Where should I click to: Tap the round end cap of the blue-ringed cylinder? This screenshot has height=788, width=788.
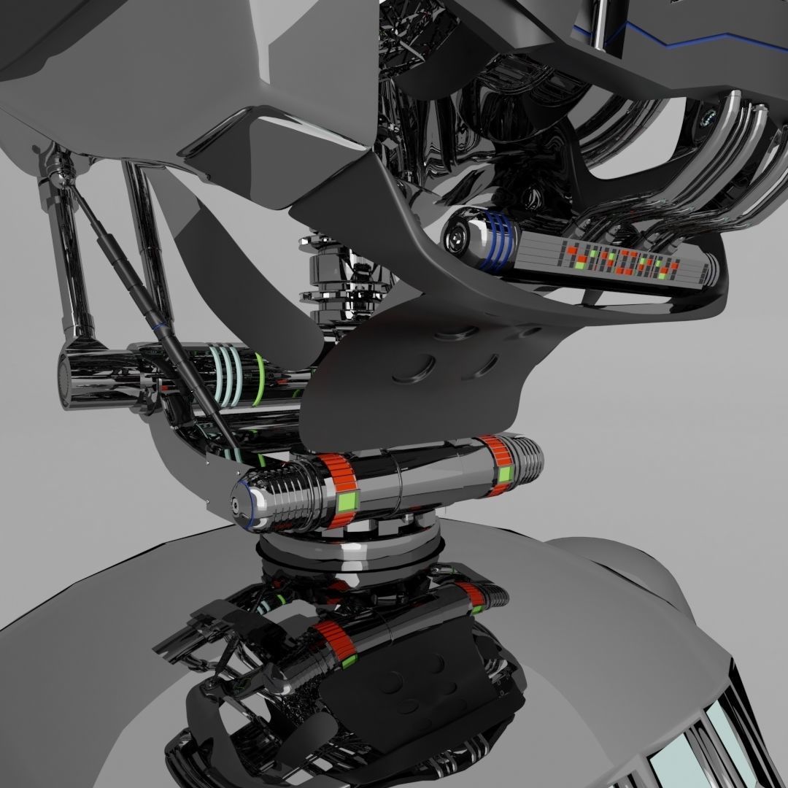458,235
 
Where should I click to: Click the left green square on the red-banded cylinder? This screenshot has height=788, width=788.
347,503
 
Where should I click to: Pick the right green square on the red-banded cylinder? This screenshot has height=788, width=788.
505,475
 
